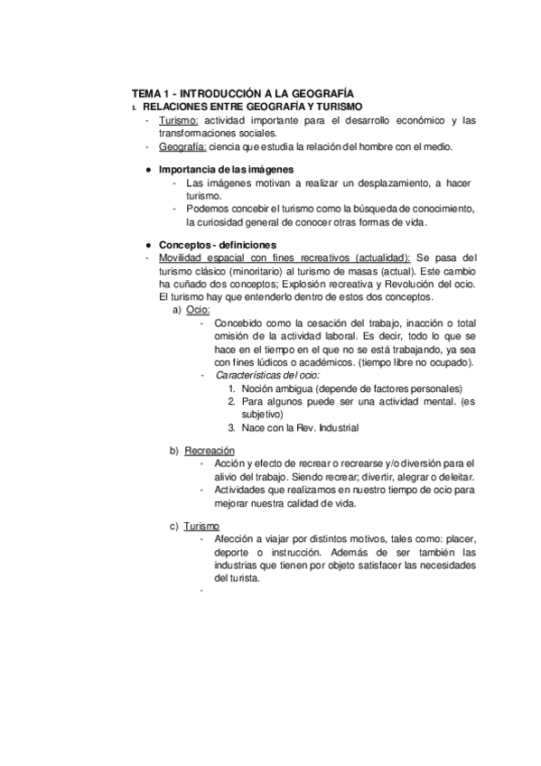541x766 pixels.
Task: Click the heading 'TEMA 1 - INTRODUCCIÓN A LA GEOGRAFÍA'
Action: pos(242,93)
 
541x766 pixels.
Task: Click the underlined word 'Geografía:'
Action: pos(183,146)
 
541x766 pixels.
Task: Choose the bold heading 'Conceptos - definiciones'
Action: pos(218,245)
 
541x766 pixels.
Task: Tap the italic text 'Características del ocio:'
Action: pos(267,375)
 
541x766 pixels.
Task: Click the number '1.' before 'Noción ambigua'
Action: pos(233,388)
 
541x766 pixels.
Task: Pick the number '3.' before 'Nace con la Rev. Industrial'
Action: pos(233,427)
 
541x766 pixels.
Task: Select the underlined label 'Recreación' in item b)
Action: pos(210,450)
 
